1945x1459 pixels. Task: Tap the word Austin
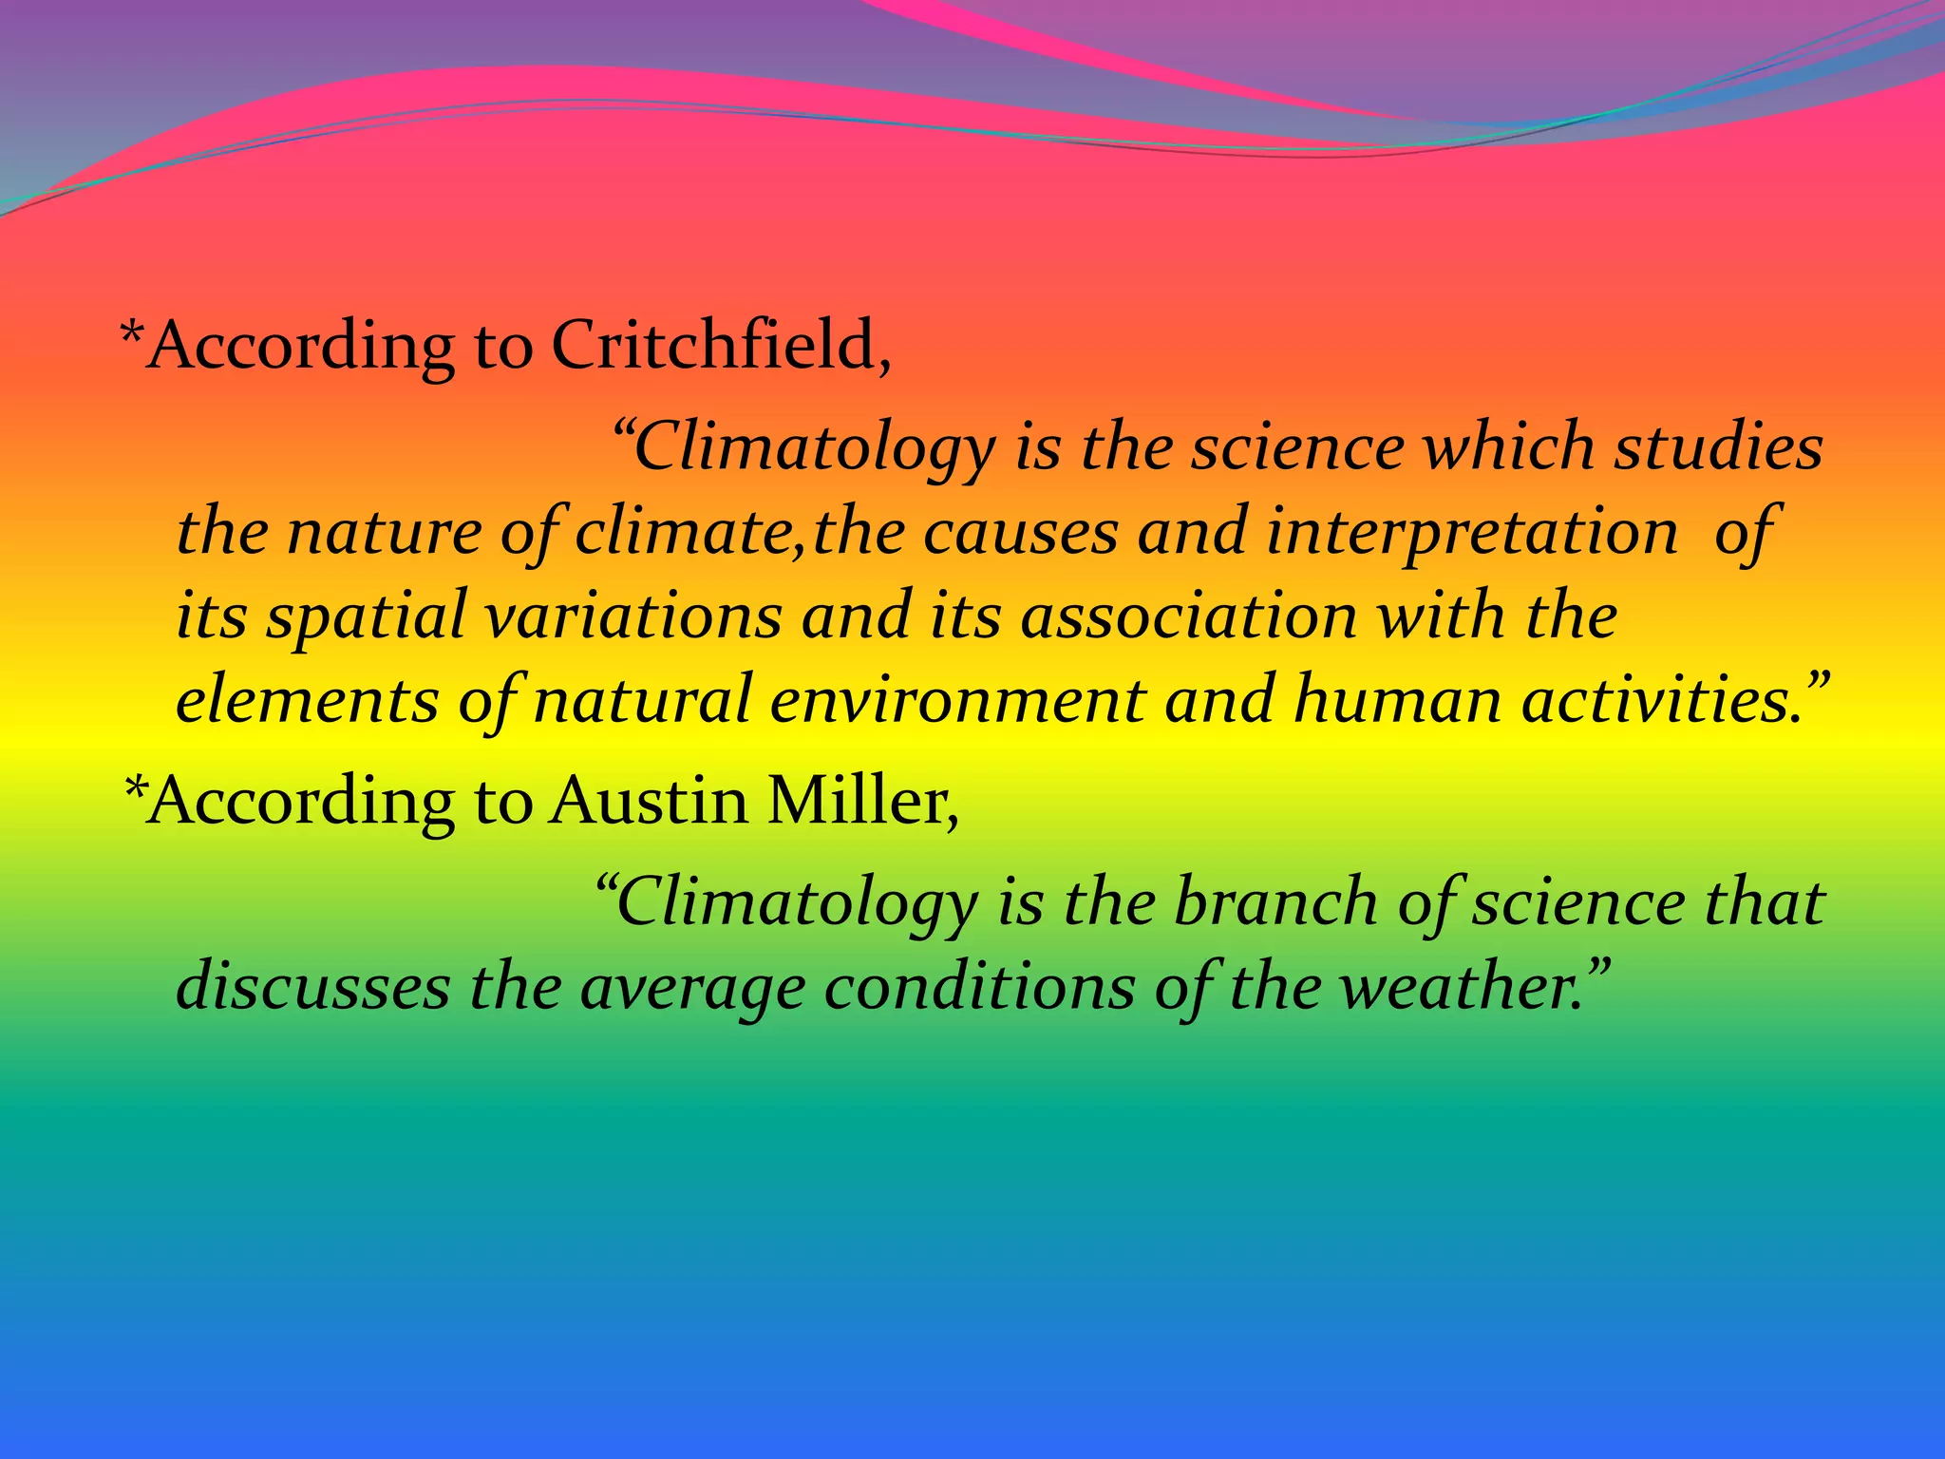649,801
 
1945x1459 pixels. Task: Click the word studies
1719,446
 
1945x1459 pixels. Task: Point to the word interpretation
1472,532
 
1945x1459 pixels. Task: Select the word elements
307,701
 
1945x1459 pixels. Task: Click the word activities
1662,701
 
